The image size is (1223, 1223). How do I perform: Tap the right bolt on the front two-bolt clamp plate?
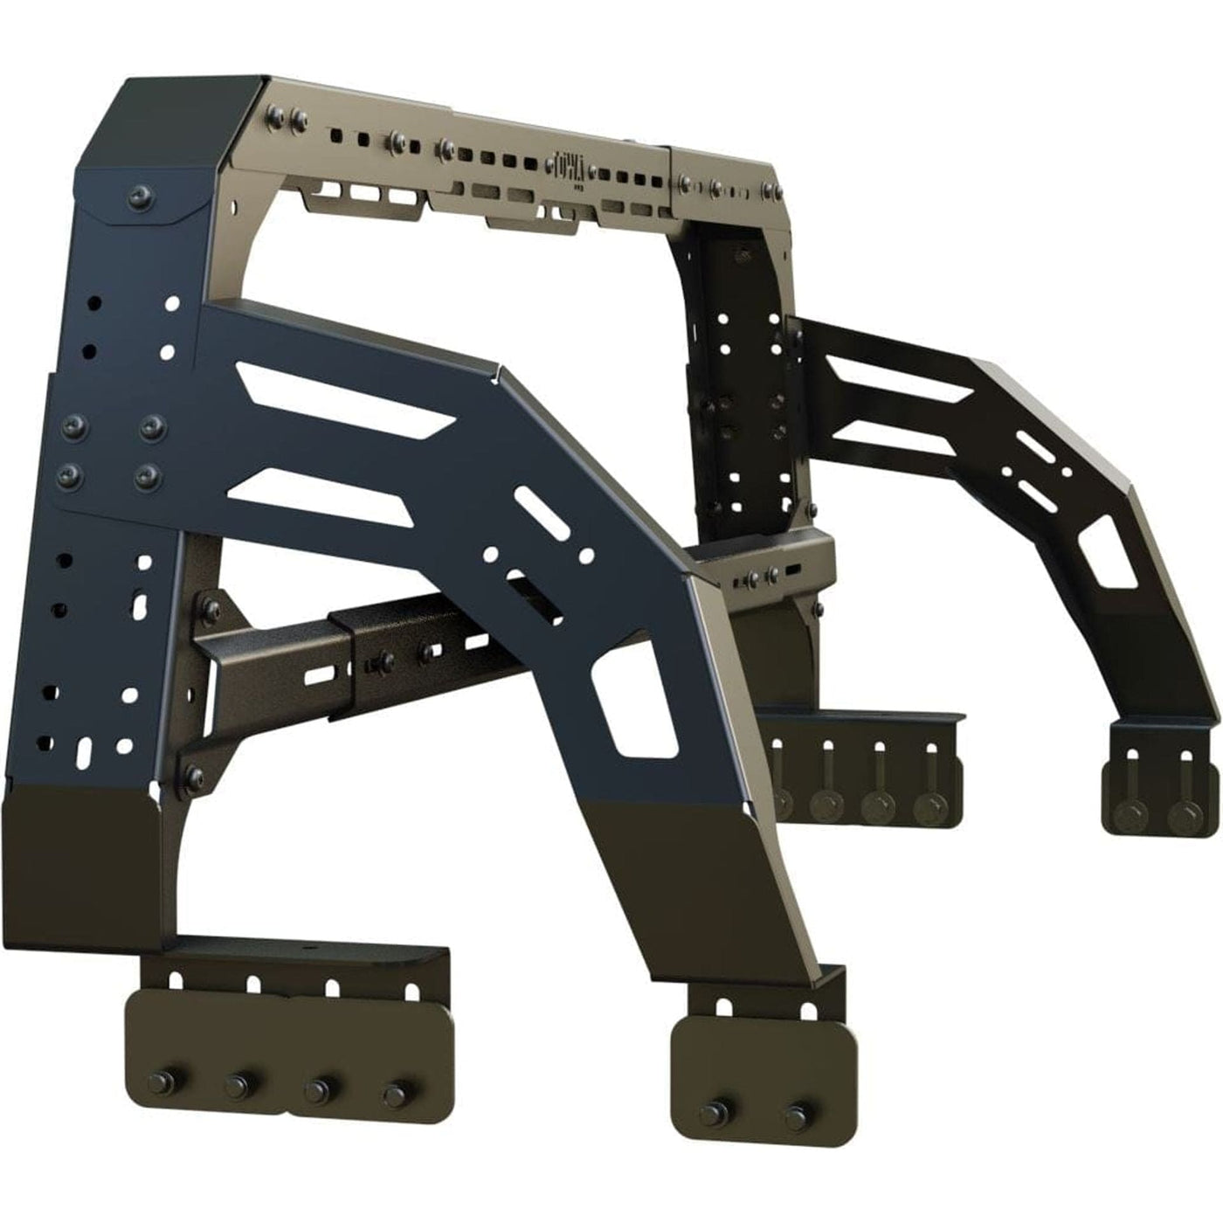795,1115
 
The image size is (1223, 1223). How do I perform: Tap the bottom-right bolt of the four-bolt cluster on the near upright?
150,476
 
